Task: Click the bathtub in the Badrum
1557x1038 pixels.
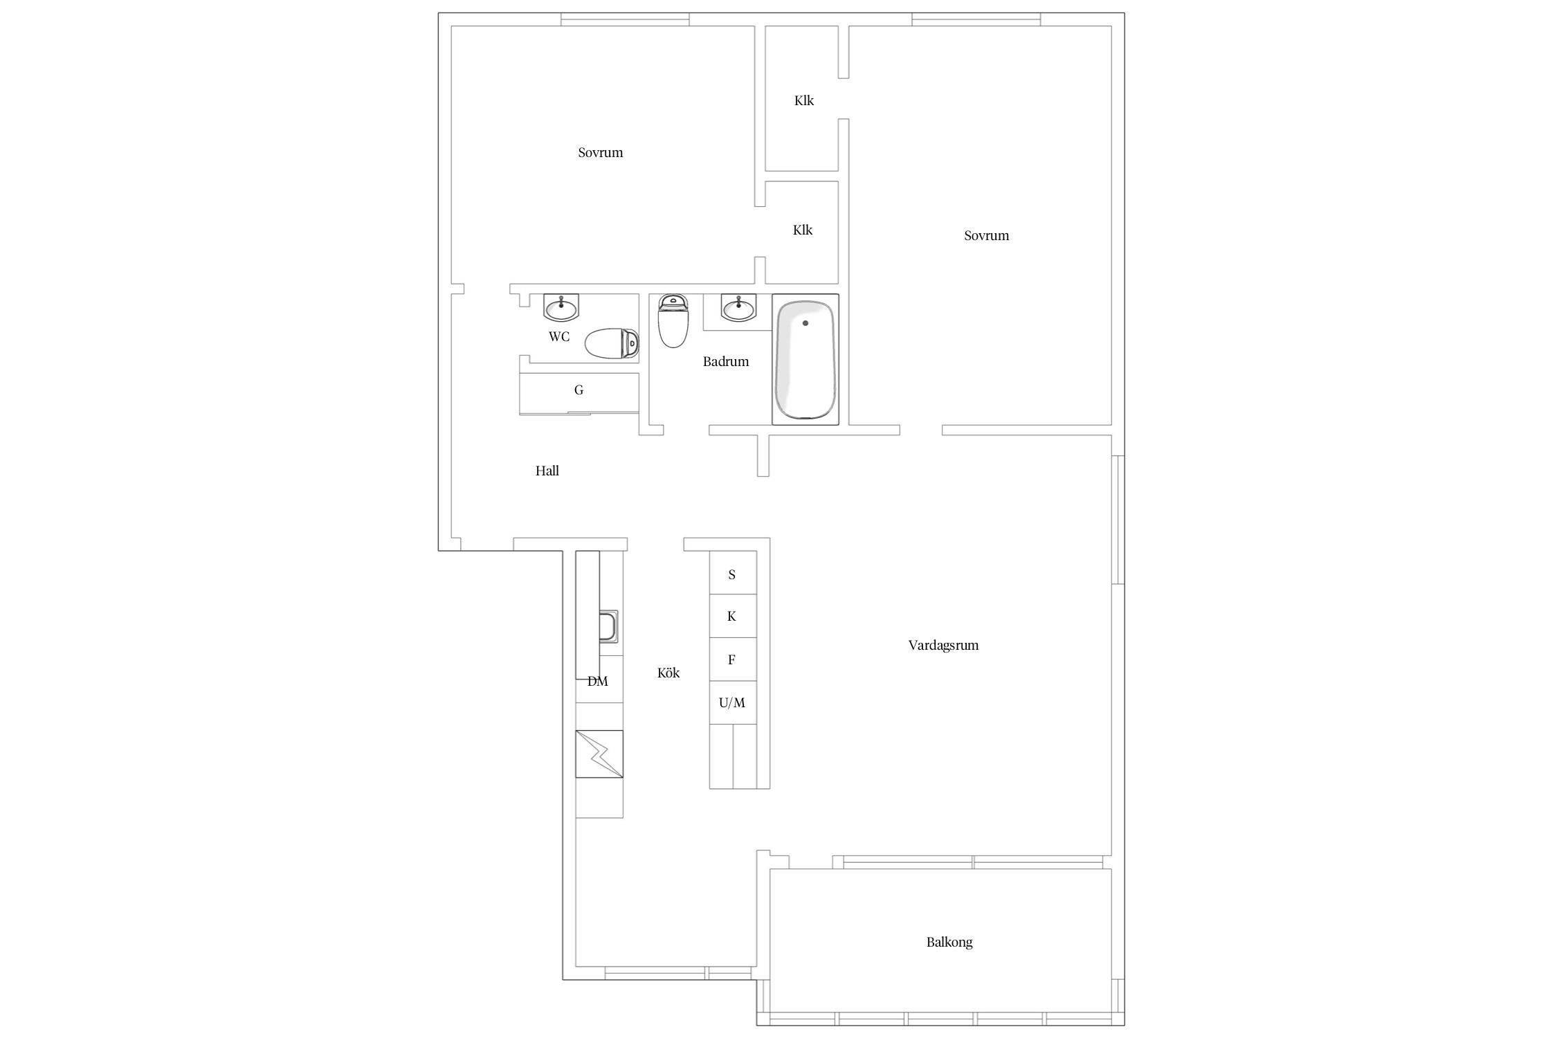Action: tap(805, 359)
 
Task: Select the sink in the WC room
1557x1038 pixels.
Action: tap(561, 308)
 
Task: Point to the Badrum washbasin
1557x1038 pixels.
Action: tap(739, 308)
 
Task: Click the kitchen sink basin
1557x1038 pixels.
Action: tap(609, 627)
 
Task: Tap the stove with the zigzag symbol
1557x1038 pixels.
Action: tap(599, 754)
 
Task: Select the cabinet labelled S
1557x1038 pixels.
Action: tap(733, 573)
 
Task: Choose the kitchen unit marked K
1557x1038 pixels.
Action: tap(733, 616)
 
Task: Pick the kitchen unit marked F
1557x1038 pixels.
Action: tap(733, 659)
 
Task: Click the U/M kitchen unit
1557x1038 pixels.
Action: tap(733, 702)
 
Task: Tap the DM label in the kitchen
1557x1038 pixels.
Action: tap(598, 682)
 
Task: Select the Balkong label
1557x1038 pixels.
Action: tap(949, 943)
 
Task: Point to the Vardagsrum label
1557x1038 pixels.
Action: tap(943, 645)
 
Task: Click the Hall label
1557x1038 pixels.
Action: tap(547, 471)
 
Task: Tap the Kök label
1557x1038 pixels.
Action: tap(668, 673)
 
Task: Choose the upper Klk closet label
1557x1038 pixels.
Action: tap(804, 100)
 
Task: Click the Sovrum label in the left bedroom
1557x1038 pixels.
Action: tap(601, 152)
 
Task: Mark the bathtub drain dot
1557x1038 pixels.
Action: tap(805, 323)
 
